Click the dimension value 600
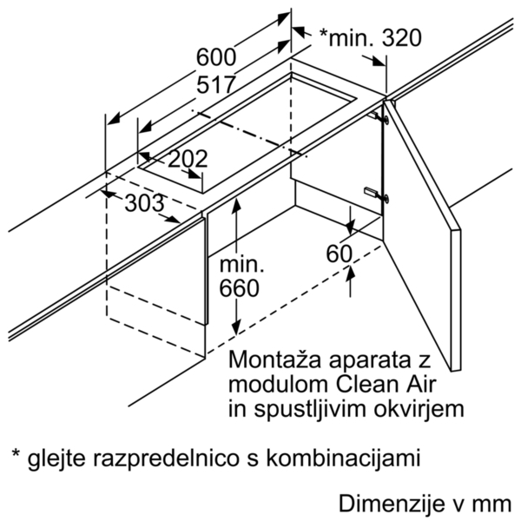point(216,56)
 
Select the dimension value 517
point(216,84)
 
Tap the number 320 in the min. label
point(402,37)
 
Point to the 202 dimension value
point(188,159)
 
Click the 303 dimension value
point(144,202)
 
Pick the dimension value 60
point(339,254)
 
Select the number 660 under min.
point(239,288)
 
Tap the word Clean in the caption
point(361,385)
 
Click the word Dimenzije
point(392,503)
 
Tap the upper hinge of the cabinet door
point(379,117)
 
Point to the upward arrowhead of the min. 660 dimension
point(236,204)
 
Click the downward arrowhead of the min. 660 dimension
point(236,327)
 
